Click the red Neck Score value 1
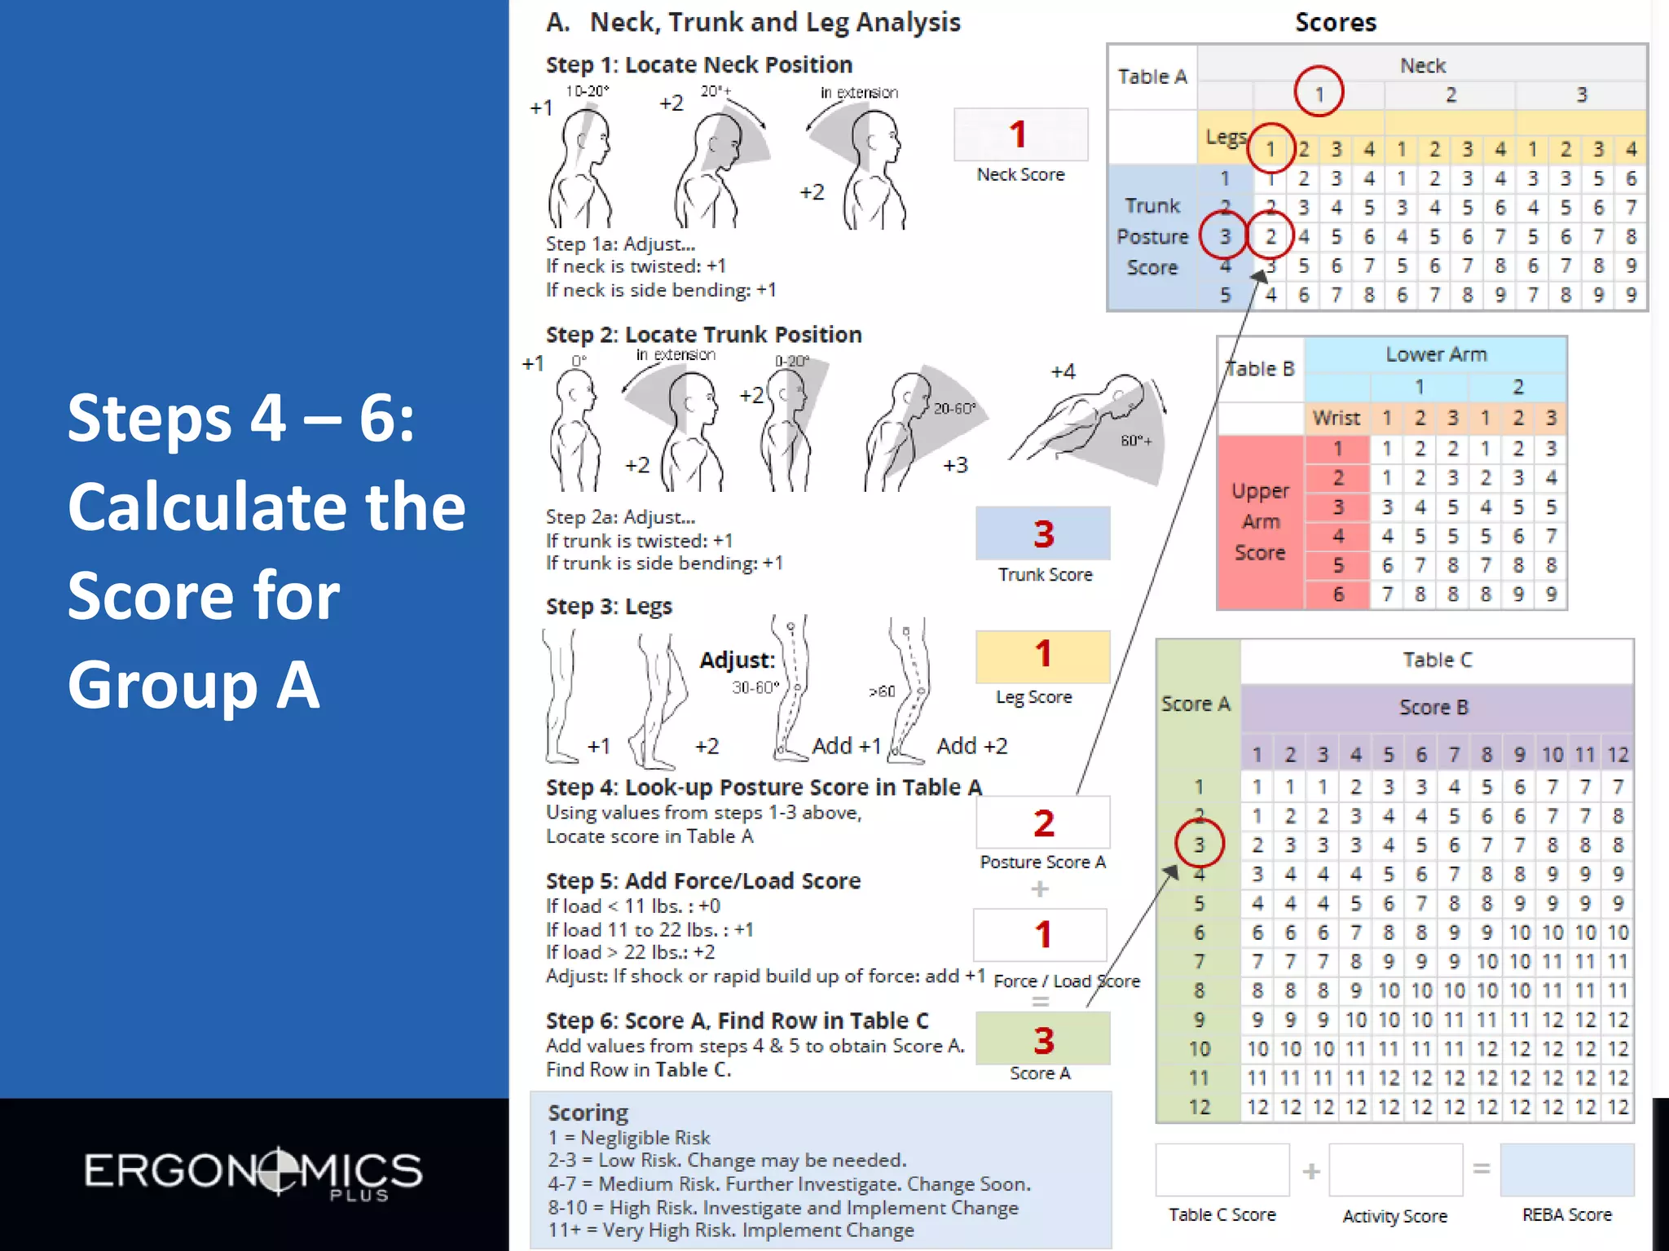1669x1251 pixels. click(x=1018, y=134)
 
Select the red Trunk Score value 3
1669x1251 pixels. click(x=1044, y=534)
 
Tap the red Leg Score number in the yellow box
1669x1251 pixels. click(x=1043, y=654)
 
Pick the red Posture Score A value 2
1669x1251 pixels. click(x=1044, y=823)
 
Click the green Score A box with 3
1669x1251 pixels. click(x=1043, y=1039)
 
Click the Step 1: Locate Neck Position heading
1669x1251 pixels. click(x=698, y=65)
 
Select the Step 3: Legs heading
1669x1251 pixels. click(x=609, y=607)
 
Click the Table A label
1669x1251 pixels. click(x=1152, y=77)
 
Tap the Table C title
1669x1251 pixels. click(x=1437, y=661)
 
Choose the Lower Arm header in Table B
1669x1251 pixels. click(x=1436, y=354)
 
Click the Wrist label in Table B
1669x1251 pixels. click(x=1336, y=418)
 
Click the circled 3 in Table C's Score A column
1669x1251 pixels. click(x=1199, y=845)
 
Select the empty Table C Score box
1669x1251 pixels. click(x=1222, y=1170)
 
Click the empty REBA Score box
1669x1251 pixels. click(x=1566, y=1170)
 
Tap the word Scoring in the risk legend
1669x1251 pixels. click(x=588, y=1113)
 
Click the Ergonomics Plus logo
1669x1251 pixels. click(x=253, y=1173)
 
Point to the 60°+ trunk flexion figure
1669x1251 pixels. click(x=1092, y=428)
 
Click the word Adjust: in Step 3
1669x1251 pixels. click(x=737, y=661)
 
